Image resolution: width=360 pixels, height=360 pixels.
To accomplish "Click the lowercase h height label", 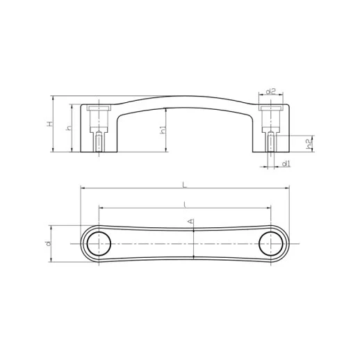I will (x=67, y=129).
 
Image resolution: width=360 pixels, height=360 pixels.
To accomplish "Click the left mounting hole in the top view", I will (x=100, y=244).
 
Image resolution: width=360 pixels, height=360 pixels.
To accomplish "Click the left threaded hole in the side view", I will (x=100, y=142).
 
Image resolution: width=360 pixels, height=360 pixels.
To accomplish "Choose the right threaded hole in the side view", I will (x=269, y=142).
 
